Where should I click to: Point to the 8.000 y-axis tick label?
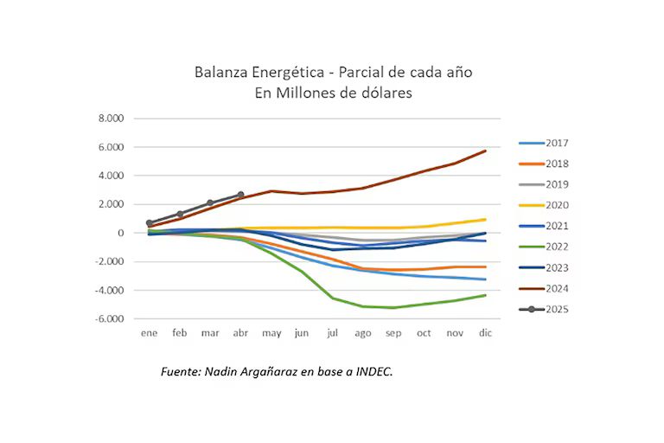click(x=111, y=119)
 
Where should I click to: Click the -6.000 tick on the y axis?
click(x=109, y=318)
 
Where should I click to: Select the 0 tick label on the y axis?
click(x=122, y=233)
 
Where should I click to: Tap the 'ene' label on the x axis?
click(x=150, y=333)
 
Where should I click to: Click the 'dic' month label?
click(x=485, y=333)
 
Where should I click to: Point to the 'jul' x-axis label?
click(x=333, y=333)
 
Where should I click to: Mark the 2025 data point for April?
click(x=240, y=195)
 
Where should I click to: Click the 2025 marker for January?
click(x=150, y=223)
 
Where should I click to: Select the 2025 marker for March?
click(x=210, y=202)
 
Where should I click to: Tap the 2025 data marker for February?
click(x=180, y=214)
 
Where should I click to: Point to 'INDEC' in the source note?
click(x=373, y=371)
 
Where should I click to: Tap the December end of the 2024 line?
click(x=485, y=151)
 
